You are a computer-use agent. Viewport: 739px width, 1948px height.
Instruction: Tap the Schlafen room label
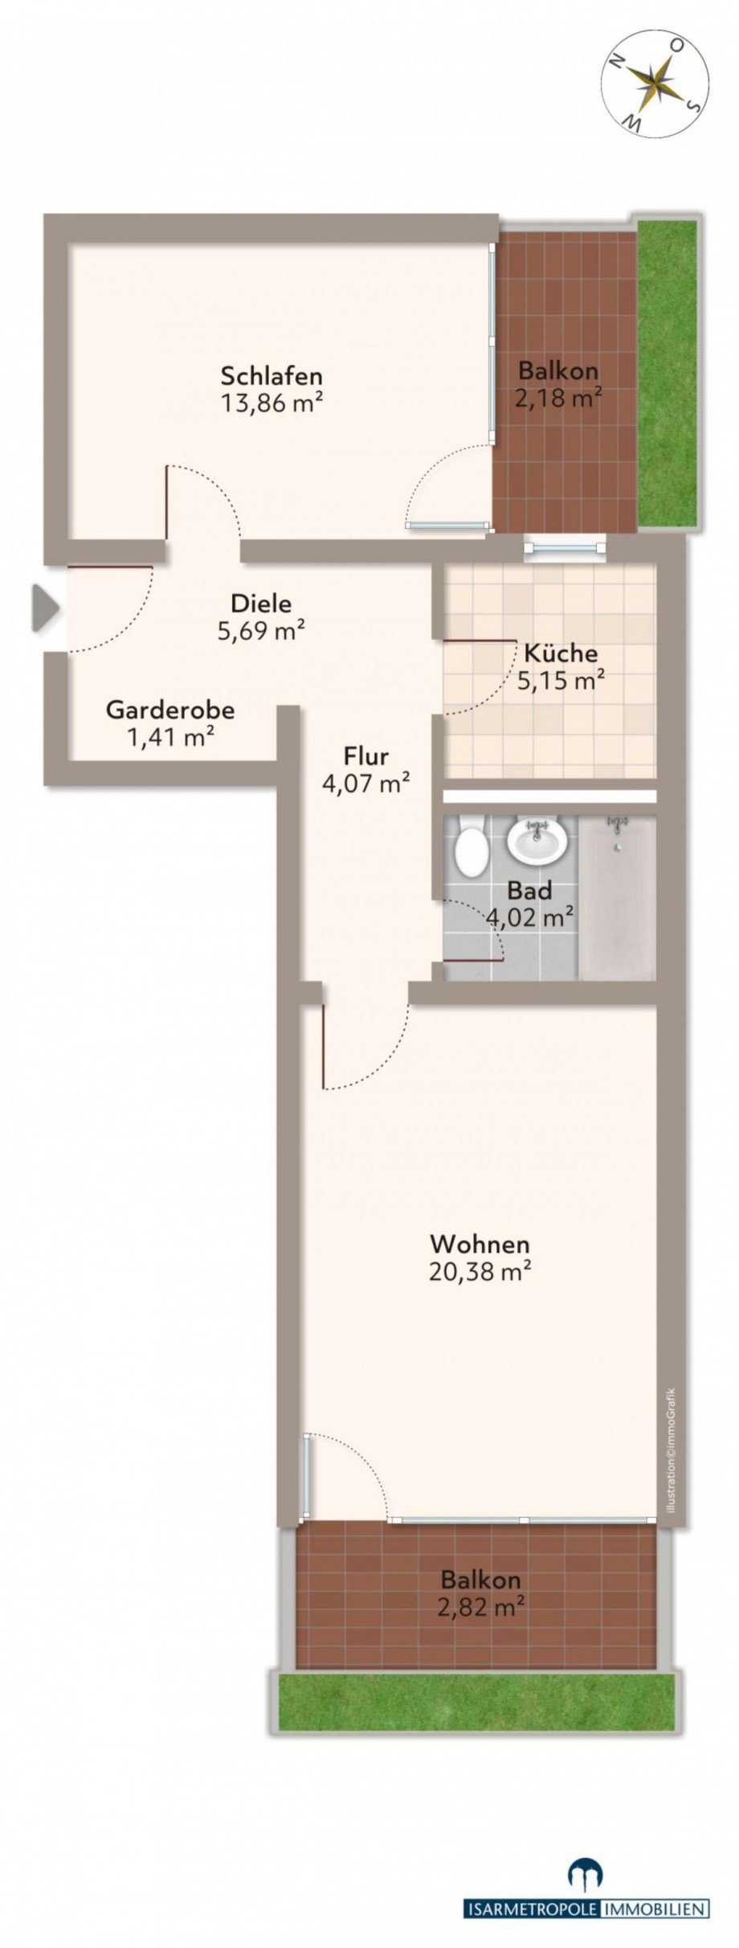(x=272, y=375)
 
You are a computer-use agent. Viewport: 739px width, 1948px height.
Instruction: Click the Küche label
(x=560, y=652)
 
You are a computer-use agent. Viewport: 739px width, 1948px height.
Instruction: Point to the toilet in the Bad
(x=471, y=851)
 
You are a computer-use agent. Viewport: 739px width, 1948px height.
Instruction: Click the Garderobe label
(x=170, y=710)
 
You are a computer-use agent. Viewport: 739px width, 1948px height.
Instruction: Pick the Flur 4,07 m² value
(x=366, y=782)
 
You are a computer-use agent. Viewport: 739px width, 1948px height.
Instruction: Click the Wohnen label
(x=480, y=1245)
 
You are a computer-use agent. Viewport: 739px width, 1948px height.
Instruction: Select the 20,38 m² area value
(x=480, y=1272)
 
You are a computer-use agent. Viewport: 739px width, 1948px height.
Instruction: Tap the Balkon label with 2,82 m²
(x=480, y=1579)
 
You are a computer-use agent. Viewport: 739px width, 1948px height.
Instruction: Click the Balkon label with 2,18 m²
(x=558, y=371)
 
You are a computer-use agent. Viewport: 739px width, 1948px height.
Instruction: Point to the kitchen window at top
(x=563, y=547)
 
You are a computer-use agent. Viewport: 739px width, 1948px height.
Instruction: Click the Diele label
(x=260, y=603)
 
